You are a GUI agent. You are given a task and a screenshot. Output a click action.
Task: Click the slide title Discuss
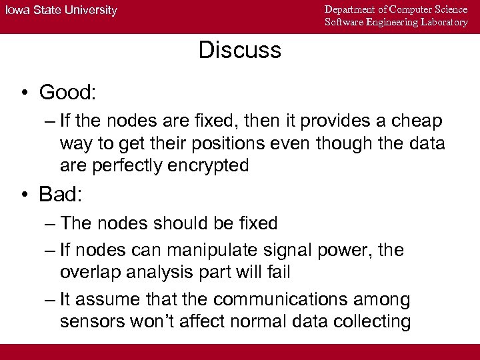[239, 50]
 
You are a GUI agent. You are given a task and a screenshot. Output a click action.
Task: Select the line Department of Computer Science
[396, 9]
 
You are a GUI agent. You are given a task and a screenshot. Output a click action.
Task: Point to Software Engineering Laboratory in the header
[396, 22]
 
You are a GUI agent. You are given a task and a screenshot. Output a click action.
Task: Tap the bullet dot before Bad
[25, 194]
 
